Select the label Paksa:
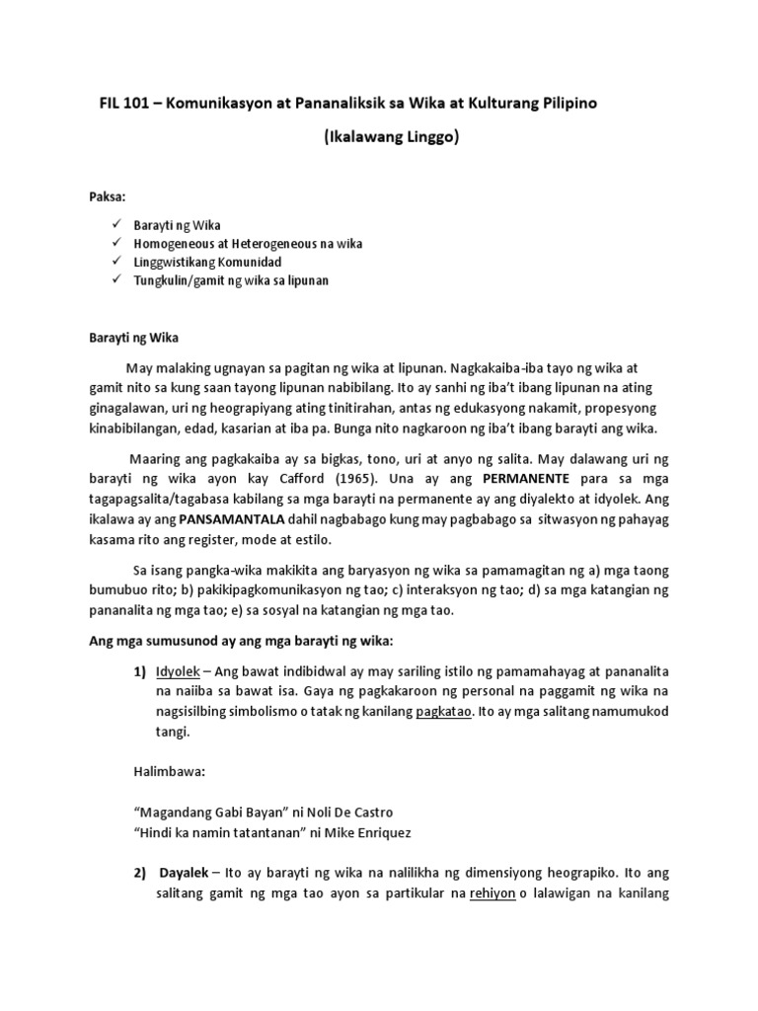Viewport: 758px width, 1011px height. (108, 196)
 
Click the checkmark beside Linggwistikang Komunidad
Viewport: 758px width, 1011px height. (117, 262)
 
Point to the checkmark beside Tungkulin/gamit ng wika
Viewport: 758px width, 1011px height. (117, 280)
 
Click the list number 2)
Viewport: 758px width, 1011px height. (141, 874)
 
